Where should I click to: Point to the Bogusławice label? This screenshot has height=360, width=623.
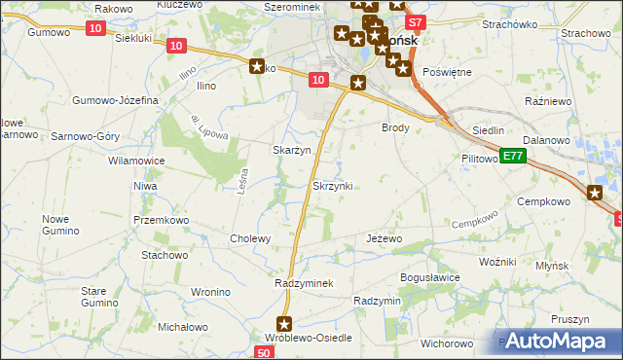pos(429,277)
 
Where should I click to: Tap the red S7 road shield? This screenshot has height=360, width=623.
pos(415,21)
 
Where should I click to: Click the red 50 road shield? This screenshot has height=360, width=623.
pos(265,352)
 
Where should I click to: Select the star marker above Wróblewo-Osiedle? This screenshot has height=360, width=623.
pos(284,324)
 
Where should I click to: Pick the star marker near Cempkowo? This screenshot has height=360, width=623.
pos(596,194)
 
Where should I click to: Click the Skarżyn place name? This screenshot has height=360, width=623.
pos(291,150)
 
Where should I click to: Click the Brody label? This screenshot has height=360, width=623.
pos(395,127)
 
